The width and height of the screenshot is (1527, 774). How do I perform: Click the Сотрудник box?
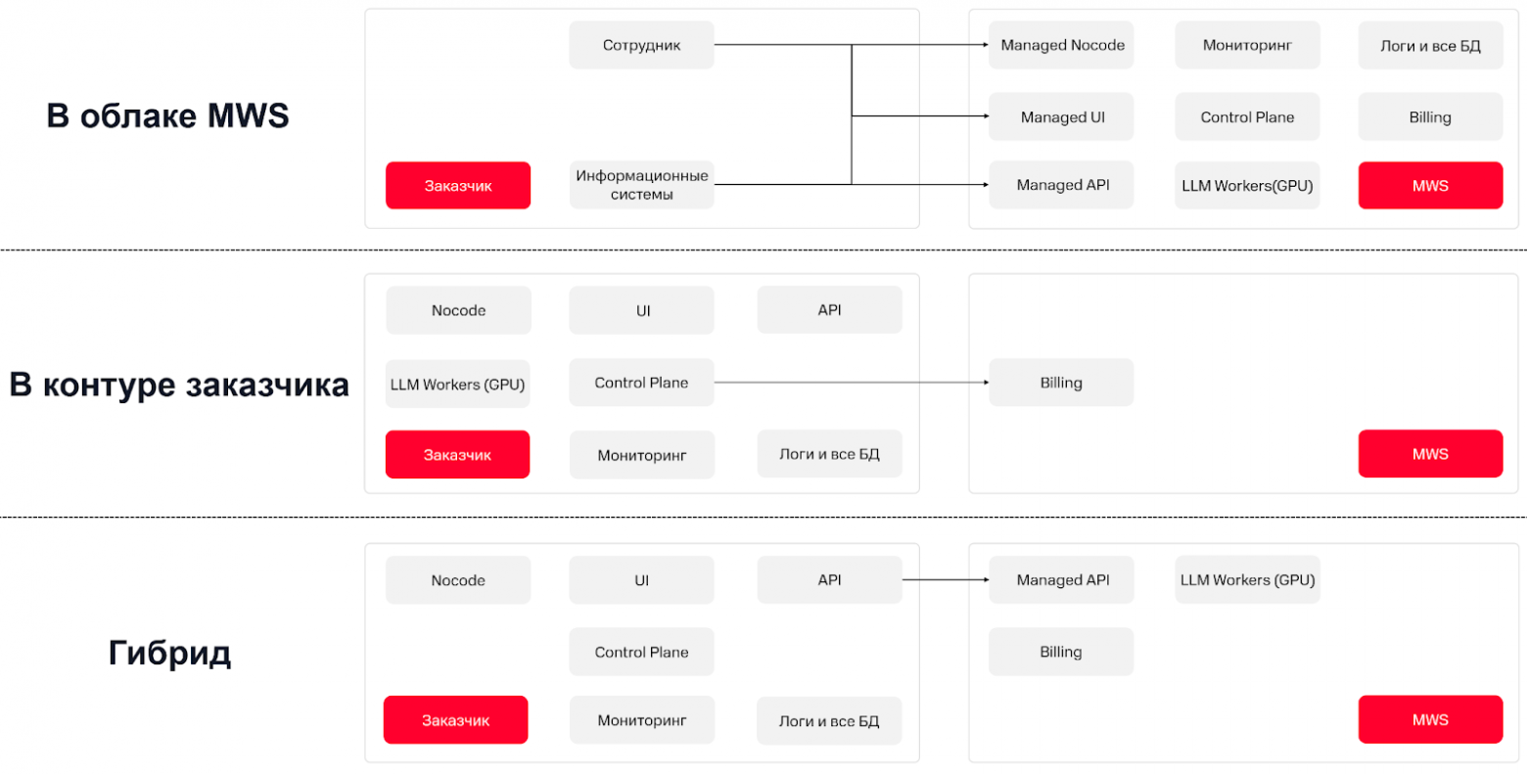pyautogui.click(x=641, y=45)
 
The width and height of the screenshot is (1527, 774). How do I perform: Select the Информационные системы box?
pyautogui.click(x=641, y=185)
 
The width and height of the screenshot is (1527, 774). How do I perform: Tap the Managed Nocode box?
pyautogui.click(x=1062, y=45)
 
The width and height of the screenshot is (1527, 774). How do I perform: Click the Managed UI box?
pyautogui.click(x=1062, y=116)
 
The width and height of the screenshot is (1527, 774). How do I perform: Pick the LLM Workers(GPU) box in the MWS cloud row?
pyautogui.click(x=1247, y=185)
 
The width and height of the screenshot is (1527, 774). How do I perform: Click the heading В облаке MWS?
pyautogui.click(x=167, y=115)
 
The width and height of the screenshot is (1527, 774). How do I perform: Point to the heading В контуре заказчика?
pyautogui.click(x=179, y=385)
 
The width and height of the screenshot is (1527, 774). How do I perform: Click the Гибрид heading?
pyautogui.click(x=169, y=653)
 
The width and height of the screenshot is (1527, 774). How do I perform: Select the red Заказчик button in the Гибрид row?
pyautogui.click(x=456, y=720)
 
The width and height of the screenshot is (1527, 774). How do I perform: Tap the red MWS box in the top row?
pyautogui.click(x=1430, y=185)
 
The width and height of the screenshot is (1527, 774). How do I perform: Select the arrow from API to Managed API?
pyautogui.click(x=944, y=580)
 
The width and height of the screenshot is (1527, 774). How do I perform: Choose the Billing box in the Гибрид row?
pyautogui.click(x=1061, y=652)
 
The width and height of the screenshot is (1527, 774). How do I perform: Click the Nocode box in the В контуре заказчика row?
pyautogui.click(x=458, y=310)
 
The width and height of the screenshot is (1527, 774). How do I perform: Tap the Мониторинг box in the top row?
pyautogui.click(x=1247, y=45)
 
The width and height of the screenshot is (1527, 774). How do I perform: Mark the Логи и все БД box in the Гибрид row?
pyautogui.click(x=829, y=721)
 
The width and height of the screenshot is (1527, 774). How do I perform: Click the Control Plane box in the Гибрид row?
pyautogui.click(x=641, y=652)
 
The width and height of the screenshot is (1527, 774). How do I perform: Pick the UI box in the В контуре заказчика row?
pyautogui.click(x=641, y=310)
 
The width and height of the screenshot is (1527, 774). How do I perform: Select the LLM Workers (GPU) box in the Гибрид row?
pyautogui.click(x=1247, y=580)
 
